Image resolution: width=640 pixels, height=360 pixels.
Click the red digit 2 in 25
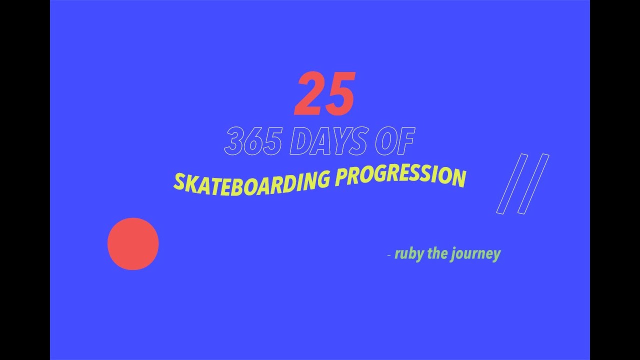310,93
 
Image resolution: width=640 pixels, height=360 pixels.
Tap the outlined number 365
252,141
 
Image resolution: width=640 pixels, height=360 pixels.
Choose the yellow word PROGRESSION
400,176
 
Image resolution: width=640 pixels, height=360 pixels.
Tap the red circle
133,244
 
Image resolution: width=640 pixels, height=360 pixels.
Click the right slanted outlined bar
533,184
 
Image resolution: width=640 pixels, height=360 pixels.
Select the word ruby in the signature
407,254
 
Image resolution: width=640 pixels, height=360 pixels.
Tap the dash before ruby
389,255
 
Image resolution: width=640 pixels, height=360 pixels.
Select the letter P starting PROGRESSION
341,177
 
